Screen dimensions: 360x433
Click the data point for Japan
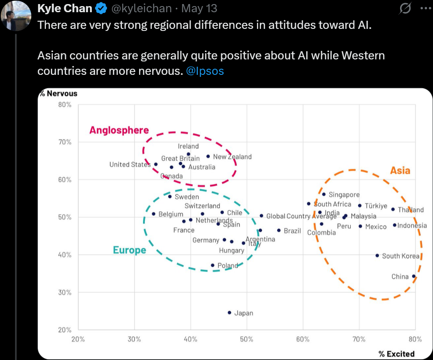point(229,313)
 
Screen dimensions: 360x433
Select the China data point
point(414,276)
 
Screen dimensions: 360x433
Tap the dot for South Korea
point(377,255)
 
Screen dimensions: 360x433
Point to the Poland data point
point(212,265)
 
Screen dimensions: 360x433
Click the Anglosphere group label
point(119,130)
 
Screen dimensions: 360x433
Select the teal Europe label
point(129,250)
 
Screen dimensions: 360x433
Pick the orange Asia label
point(400,170)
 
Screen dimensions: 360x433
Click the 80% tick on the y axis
point(65,105)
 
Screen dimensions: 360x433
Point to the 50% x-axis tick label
point(247,339)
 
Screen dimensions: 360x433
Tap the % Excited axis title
point(396,354)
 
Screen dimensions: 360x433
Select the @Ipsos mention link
point(205,71)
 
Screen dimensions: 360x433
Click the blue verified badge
point(102,8)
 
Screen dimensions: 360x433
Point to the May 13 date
point(199,8)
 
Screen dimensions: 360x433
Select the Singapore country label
point(344,195)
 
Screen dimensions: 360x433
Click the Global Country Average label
point(301,216)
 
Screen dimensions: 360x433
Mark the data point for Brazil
point(279,230)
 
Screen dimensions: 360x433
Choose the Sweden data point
point(170,196)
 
